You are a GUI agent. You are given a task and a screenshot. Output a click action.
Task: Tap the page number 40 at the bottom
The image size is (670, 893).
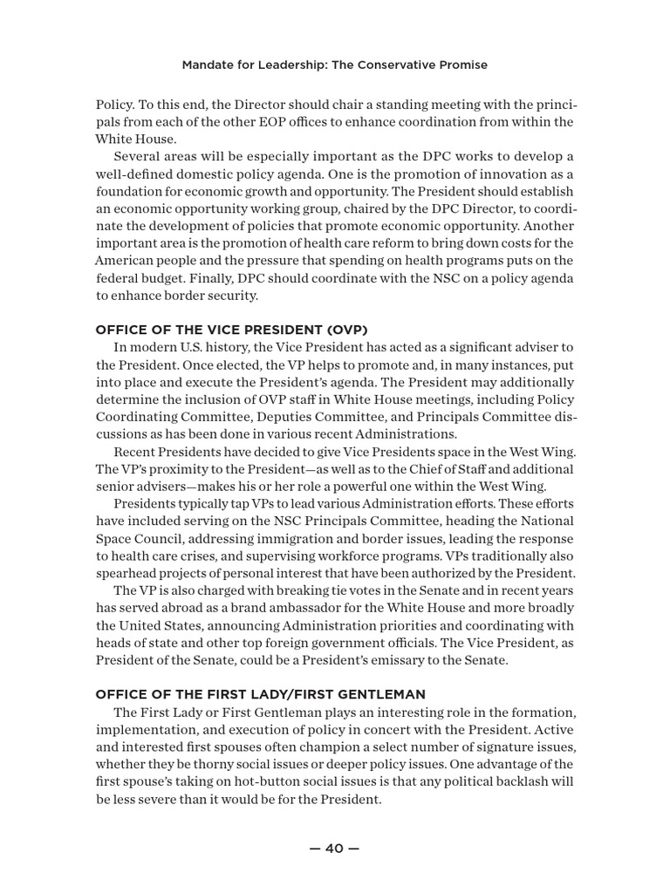[x=334, y=848]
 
